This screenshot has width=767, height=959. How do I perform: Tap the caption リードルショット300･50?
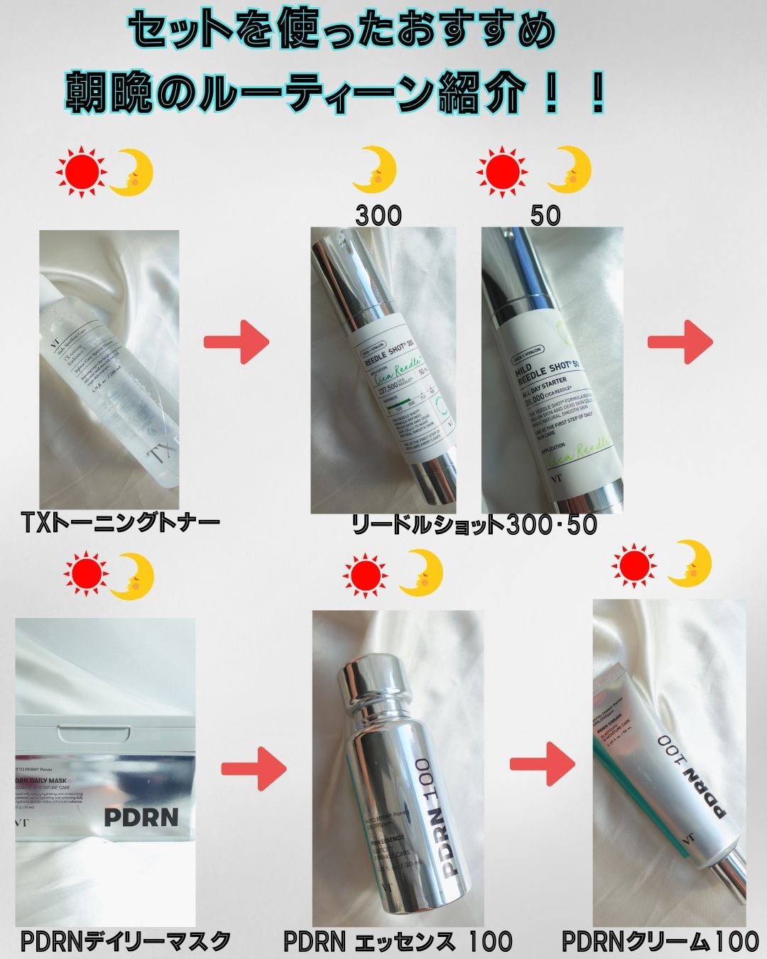474,525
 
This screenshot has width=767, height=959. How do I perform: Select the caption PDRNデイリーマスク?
125,941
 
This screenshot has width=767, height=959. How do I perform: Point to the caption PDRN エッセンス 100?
397,941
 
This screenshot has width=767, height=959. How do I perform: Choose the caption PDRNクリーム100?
660,941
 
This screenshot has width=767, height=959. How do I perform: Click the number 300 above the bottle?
378,215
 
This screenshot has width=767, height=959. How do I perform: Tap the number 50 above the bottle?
545,215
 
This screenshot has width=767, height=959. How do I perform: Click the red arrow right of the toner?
236,342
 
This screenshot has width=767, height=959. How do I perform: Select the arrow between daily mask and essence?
254,769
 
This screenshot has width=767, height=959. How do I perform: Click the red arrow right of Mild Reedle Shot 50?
680,342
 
